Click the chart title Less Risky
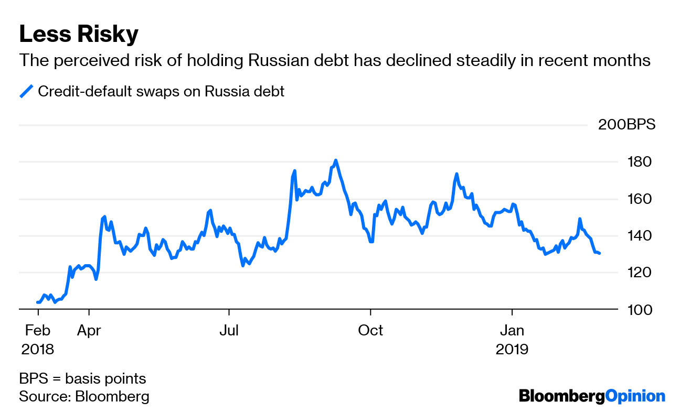tap(79, 35)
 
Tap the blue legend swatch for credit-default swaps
tap(26, 91)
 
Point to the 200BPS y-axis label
tap(626, 125)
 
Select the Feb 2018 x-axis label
tap(38, 340)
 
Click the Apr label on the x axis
tap(89, 331)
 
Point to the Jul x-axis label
tap(229, 331)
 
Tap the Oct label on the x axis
tap(370, 331)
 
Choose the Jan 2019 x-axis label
tap(512, 340)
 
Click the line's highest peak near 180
tap(336, 160)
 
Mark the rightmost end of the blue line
tap(600, 253)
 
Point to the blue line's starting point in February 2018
tap(38, 302)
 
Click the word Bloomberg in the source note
tap(112, 396)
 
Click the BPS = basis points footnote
tap(82, 379)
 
